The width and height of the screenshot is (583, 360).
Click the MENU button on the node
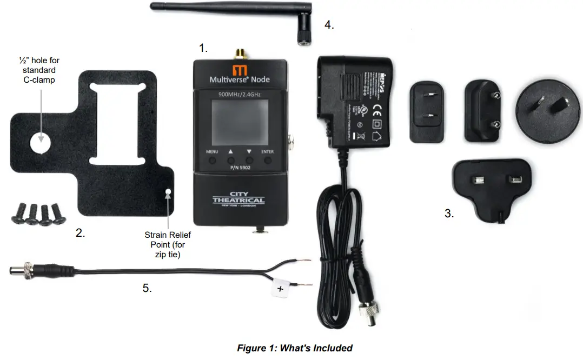click(212, 161)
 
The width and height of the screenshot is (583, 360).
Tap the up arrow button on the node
click(231, 161)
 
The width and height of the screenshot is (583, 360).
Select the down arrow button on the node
click(249, 161)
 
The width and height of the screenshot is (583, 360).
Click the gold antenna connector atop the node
click(239, 54)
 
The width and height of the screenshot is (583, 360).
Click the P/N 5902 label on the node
click(239, 168)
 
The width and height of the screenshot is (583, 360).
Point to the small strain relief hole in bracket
click(168, 192)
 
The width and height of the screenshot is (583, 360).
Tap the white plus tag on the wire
click(281, 289)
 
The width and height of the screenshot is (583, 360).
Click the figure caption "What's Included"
click(295, 348)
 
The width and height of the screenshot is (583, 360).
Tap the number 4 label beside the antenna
click(329, 24)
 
